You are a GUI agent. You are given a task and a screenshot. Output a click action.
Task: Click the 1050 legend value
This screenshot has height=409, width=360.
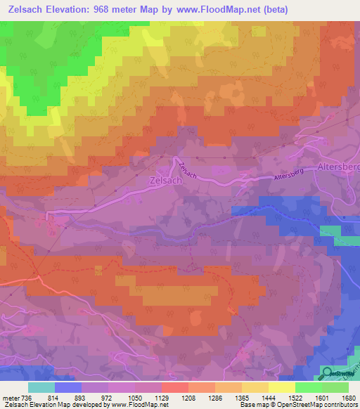(134, 398)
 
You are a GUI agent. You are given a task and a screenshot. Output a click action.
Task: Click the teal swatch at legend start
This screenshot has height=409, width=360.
(41, 387)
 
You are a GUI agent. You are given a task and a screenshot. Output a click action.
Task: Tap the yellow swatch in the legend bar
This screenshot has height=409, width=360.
(282, 387)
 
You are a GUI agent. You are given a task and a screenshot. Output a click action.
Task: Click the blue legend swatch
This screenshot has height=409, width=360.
(68, 387)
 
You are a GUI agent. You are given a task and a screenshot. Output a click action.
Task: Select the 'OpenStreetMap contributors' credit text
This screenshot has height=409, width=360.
(316, 405)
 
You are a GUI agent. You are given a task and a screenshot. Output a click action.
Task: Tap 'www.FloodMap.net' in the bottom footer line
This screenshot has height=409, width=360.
(134, 405)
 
